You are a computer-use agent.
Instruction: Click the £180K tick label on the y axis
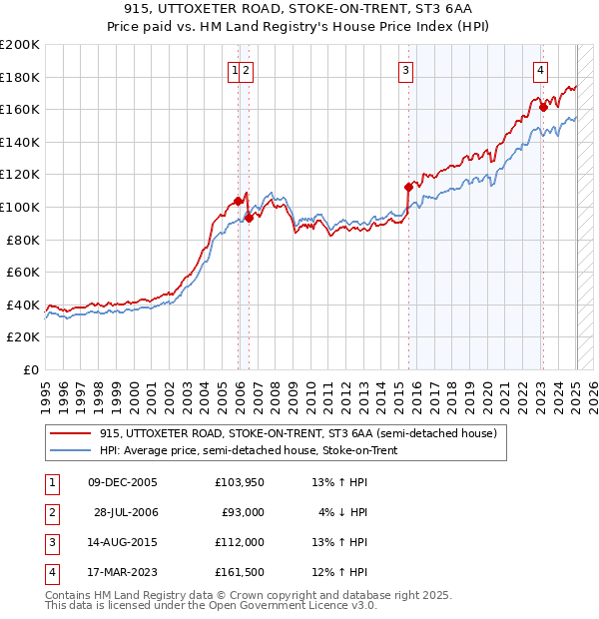coord(20,77)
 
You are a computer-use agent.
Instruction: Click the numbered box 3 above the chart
coord(406,70)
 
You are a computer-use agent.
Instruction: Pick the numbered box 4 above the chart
coord(539,70)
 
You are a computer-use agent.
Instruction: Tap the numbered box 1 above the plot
coord(235,70)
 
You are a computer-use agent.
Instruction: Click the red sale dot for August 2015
coord(408,187)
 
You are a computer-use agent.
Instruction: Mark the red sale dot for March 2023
coord(543,106)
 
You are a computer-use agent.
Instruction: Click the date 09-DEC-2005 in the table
coord(123,482)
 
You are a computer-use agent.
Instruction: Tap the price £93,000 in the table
coord(243,512)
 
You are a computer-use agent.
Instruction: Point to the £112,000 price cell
coord(240,542)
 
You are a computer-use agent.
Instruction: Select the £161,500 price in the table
coord(240,572)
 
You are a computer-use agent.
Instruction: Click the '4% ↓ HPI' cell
coord(343,512)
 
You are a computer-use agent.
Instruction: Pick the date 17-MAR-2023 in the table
coord(123,572)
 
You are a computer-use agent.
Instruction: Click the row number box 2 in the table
coord(50,512)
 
